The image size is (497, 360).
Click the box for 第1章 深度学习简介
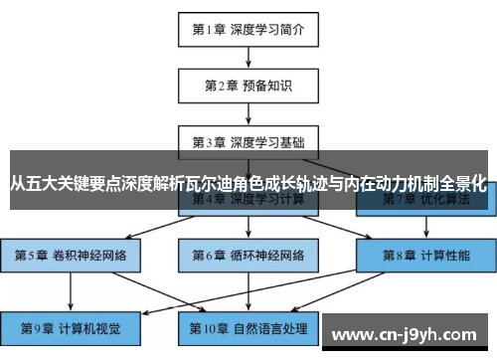[x=248, y=29]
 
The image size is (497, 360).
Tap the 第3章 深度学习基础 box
[x=248, y=141]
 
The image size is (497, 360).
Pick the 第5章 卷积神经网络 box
[x=71, y=256]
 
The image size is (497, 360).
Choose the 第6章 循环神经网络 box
[x=248, y=256]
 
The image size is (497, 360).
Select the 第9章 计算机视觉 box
[x=71, y=326]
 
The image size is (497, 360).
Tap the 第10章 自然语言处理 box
[x=248, y=326]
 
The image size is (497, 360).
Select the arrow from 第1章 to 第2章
[x=248, y=57]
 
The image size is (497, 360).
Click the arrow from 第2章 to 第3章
[x=248, y=112]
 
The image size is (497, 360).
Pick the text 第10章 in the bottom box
[x=210, y=326]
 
